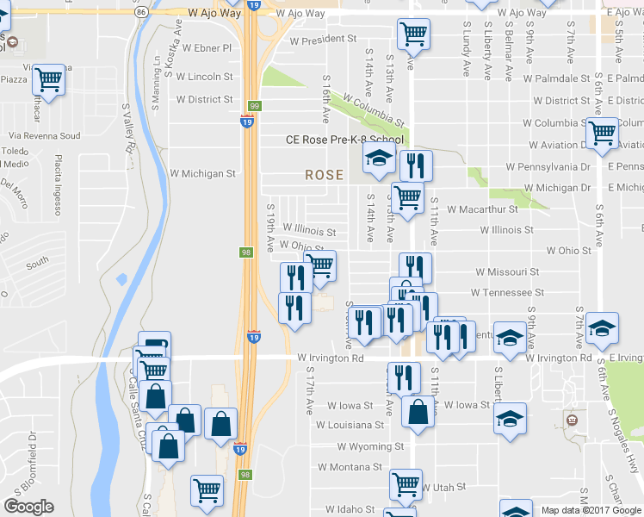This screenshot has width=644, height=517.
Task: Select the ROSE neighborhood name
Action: click(x=324, y=175)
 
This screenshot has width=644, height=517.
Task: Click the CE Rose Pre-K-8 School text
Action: click(x=344, y=140)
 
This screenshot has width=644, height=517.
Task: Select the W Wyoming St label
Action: click(x=370, y=446)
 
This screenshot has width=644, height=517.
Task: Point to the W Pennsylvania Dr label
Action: click(x=548, y=165)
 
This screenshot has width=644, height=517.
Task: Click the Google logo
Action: click(x=28, y=506)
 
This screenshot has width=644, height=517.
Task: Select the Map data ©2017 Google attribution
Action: click(x=591, y=510)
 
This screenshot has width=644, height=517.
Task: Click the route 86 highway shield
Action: click(x=140, y=14)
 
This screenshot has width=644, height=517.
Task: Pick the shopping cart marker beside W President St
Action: click(x=414, y=35)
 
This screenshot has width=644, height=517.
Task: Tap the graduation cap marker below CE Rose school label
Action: click(x=377, y=159)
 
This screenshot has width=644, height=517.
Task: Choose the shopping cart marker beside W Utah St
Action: click(x=406, y=484)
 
